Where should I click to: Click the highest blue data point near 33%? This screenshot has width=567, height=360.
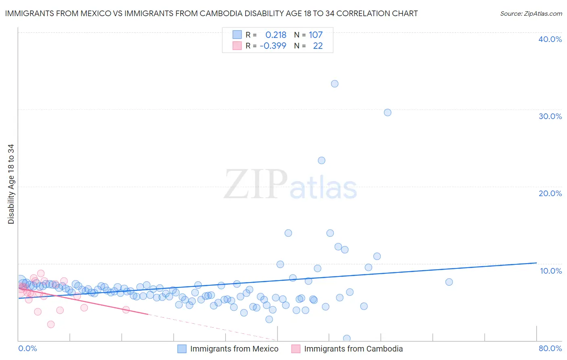pyautogui.click(x=335, y=84)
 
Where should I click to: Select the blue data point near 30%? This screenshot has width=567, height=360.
pyautogui.click(x=388, y=113)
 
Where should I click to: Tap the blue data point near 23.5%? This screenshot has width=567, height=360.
pyautogui.click(x=321, y=161)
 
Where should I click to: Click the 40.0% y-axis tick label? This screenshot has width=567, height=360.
pyautogui.click(x=550, y=39)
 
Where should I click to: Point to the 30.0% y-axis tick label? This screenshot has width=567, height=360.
pyautogui.click(x=550, y=116)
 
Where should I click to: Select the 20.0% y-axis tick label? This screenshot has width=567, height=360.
pyautogui.click(x=550, y=193)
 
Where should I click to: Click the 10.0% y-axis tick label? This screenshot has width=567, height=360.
pyautogui.click(x=551, y=271)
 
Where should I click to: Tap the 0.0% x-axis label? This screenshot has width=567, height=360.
pyautogui.click(x=27, y=348)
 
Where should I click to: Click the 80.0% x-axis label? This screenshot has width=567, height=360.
pyautogui.click(x=550, y=348)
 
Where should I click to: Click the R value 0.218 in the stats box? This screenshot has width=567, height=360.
pyautogui.click(x=276, y=35)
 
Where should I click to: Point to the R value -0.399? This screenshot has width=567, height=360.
pyautogui.click(x=273, y=46)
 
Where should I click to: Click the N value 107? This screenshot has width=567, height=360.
pyautogui.click(x=316, y=35)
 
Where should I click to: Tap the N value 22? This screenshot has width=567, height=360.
pyautogui.click(x=318, y=46)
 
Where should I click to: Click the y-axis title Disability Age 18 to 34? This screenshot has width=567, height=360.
pyautogui.click(x=11, y=184)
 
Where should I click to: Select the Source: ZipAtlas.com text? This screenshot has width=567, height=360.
pyautogui.click(x=531, y=14)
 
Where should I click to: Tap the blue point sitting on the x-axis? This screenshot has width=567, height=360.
pyautogui.click(x=347, y=338)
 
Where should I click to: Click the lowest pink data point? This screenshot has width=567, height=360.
pyautogui.click(x=51, y=324)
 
